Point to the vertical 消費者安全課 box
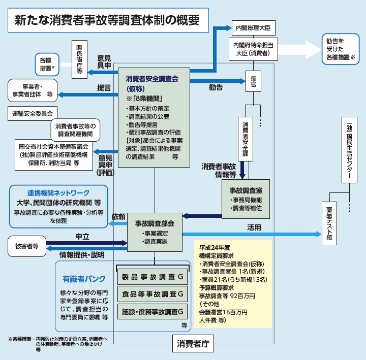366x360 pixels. [x=246, y=138]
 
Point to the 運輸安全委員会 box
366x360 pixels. [x=33, y=112]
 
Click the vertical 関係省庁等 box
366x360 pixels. [x=79, y=58]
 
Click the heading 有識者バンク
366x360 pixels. [x=84, y=279]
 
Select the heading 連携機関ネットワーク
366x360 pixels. [x=58, y=193]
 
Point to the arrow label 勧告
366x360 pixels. [x=216, y=87]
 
